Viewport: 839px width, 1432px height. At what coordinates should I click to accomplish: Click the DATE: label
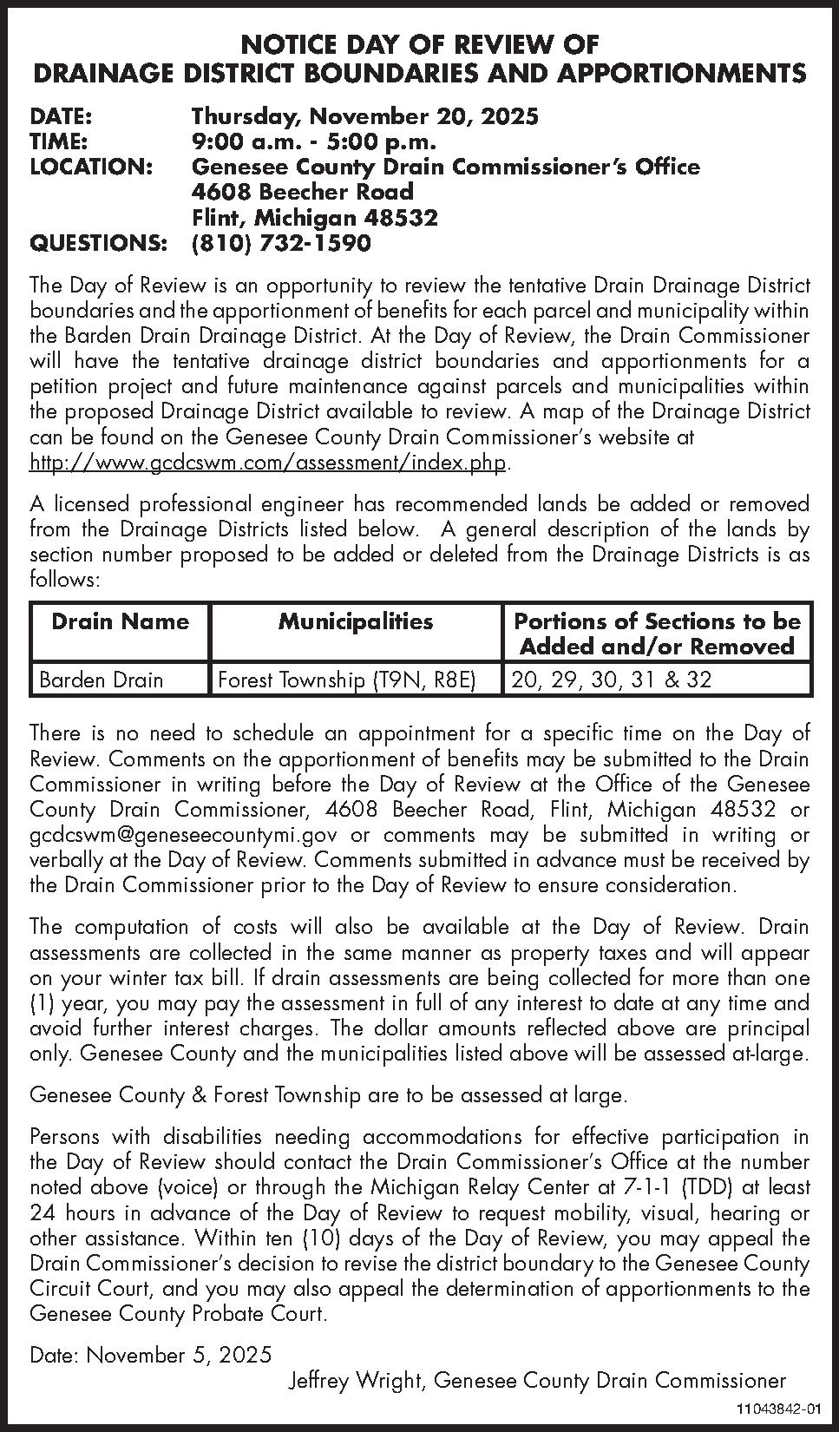click(62, 116)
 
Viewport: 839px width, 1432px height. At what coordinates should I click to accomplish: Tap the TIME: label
click(59, 141)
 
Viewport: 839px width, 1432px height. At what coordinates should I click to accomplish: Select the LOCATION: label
click(92, 167)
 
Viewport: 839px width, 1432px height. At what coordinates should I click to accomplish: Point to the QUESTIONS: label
click(97, 243)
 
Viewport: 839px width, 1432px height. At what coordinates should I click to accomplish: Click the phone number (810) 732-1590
click(280, 243)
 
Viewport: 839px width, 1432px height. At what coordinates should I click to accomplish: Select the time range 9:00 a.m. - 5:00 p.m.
click(313, 141)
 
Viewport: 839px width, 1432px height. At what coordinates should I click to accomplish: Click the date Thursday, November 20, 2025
click(364, 116)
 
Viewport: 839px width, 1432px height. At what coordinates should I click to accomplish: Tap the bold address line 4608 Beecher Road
click(302, 192)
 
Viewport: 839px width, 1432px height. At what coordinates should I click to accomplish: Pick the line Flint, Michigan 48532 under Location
click(314, 218)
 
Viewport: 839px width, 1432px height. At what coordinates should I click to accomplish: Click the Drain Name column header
click(120, 621)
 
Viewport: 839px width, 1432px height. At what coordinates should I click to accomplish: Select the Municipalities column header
click(356, 621)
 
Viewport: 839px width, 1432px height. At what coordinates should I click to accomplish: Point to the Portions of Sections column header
click(657, 634)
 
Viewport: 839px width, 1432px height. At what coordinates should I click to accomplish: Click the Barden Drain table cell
click(101, 679)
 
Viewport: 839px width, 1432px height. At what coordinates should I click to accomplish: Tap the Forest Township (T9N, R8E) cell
click(347, 679)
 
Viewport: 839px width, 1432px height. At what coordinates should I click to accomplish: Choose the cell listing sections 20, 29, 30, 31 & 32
click(612, 679)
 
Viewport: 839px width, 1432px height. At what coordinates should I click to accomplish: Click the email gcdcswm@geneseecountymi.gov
click(183, 835)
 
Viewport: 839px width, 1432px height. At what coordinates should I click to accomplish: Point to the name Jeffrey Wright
click(356, 1380)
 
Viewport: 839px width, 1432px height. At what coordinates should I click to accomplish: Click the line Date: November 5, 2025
click(150, 1355)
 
